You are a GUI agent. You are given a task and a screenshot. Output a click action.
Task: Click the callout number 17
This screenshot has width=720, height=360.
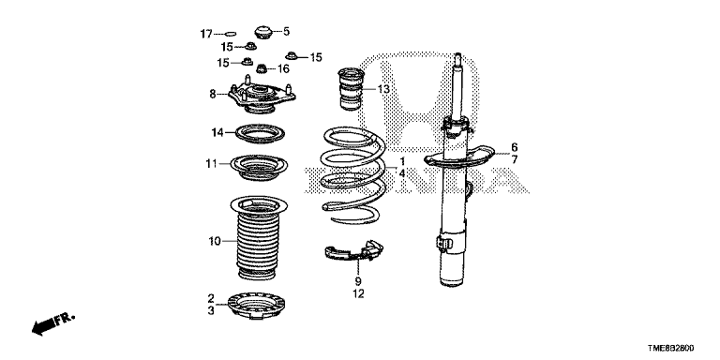click(206, 34)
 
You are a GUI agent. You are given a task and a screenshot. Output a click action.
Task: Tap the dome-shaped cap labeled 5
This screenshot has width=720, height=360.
click(263, 33)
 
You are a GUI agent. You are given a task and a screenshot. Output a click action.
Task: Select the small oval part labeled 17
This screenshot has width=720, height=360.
click(231, 33)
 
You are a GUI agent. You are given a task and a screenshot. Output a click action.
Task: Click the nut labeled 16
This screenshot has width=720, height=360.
click(262, 68)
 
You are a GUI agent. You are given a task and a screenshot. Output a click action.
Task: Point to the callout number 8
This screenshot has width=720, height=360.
click(213, 94)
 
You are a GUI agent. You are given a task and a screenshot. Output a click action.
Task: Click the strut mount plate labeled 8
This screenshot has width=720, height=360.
click(262, 96)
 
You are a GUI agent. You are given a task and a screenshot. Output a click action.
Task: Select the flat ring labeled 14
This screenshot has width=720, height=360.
click(260, 134)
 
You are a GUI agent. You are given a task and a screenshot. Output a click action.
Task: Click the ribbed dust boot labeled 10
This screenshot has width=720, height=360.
click(258, 238)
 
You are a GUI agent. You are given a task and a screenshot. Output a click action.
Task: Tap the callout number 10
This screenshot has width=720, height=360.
click(215, 241)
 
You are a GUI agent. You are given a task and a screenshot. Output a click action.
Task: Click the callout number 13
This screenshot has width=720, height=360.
click(383, 89)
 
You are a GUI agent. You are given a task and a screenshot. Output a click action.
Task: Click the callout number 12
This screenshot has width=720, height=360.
click(358, 293)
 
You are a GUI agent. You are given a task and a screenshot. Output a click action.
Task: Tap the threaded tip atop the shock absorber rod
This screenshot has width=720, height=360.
click(457, 58)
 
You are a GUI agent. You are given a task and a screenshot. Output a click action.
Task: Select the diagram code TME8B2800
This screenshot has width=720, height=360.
click(671, 349)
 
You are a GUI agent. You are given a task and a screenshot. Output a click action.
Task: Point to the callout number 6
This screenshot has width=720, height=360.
click(515, 147)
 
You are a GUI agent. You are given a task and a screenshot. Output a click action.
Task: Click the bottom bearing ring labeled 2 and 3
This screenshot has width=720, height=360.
click(256, 305)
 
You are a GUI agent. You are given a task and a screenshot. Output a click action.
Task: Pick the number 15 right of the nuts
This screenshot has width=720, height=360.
click(316, 57)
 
